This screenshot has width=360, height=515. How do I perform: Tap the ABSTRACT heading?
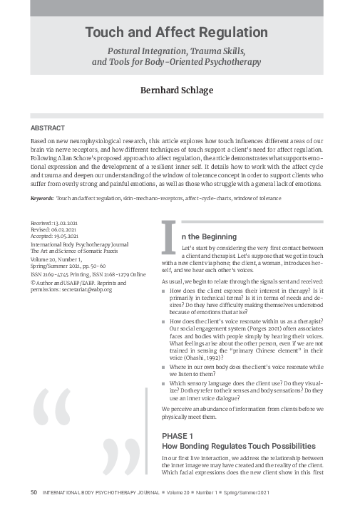[47, 128]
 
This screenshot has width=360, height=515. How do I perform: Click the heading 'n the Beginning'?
[211, 236]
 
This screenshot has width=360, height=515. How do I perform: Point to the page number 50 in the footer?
[34, 492]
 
